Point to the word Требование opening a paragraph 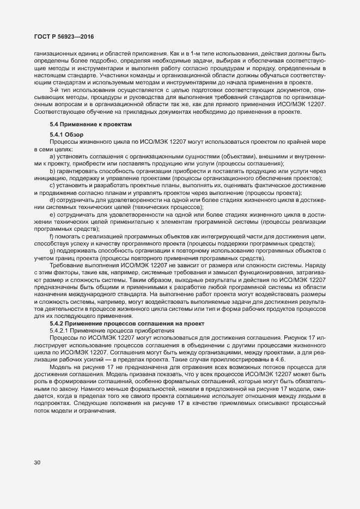pyautogui.click(x=65, y=266)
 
